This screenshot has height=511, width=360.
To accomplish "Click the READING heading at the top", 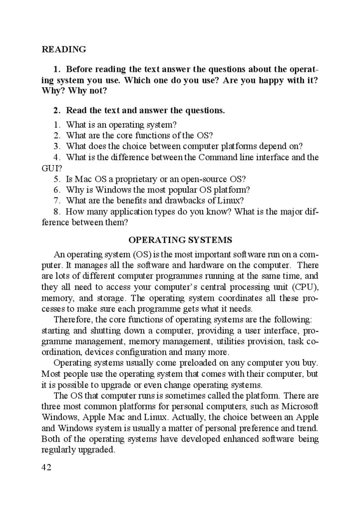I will coord(64,49).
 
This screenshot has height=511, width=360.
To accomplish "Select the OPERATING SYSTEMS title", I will coord(180,240).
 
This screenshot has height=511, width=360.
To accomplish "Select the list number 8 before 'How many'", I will coord(56,212).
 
